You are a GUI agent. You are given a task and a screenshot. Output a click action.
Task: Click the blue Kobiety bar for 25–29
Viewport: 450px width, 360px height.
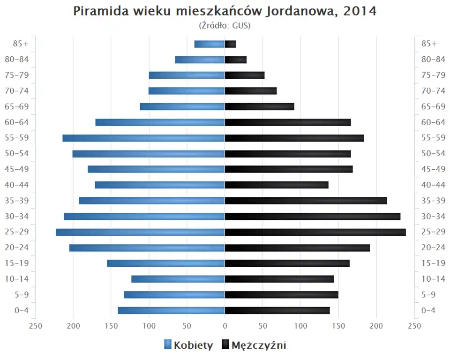point(140,232)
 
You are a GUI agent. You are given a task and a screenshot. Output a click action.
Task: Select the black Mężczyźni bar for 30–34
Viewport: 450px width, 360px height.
point(313,217)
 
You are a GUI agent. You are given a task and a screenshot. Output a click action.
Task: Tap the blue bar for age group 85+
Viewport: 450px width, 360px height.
point(210,44)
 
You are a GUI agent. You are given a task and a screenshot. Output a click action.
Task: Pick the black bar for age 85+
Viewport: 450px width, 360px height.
point(230,44)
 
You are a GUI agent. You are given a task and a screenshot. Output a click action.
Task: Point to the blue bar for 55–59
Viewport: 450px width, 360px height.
point(143,138)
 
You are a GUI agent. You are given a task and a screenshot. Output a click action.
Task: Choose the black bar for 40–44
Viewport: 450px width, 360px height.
point(277,185)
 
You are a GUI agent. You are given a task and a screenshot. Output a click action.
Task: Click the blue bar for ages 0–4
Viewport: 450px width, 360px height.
point(171,310)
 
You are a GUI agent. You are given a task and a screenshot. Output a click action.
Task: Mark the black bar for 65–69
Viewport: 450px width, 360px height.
point(260,106)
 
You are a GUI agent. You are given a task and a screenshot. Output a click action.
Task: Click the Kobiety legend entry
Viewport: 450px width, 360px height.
point(188,345)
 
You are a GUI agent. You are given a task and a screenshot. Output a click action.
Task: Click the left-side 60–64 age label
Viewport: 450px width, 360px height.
point(17,122)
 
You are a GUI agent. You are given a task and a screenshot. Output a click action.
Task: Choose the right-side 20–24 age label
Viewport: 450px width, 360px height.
point(433,247)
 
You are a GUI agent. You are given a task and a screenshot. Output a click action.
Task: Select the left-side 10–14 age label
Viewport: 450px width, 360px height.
point(17,279)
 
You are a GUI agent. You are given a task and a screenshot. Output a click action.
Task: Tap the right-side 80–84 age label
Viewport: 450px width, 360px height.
point(433,60)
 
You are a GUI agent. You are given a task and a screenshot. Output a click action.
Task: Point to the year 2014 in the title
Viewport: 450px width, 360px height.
point(360,11)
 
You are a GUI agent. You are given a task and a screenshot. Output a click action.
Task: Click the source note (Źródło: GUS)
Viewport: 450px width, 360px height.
point(225,26)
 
